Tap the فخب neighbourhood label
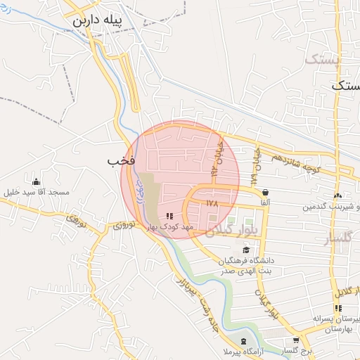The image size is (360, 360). click(120, 161)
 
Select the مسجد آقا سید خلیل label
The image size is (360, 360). click(36, 193)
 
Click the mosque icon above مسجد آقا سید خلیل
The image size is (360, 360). click(36, 181)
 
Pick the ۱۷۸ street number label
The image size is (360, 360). click(214, 203)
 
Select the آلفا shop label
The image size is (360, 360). click(265, 202)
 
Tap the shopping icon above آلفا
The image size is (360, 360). click(265, 192)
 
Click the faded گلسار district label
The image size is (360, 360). click(337, 239)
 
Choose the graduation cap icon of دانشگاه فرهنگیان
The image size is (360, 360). click(245, 250)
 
